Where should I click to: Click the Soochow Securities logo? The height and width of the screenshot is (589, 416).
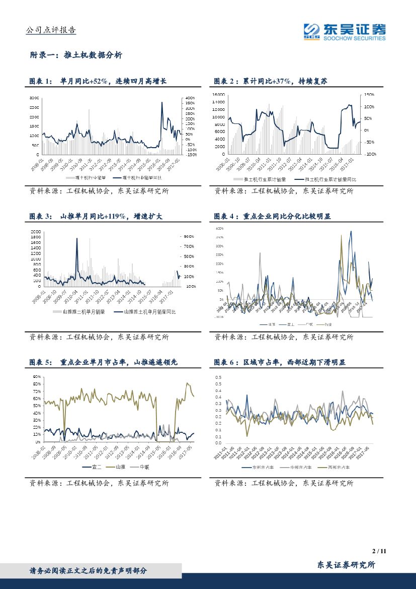pos(345,31)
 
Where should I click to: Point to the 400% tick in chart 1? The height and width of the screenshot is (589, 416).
pos(190,98)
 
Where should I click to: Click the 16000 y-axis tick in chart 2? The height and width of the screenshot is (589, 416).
pos(218,95)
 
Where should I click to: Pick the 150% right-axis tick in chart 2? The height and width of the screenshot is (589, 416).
pos(369,95)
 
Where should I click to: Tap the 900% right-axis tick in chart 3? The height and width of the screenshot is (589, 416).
pos(189,236)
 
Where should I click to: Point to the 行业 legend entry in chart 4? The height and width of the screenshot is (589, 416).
pos(326,324)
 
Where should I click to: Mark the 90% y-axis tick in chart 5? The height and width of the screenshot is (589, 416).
pos(37,377)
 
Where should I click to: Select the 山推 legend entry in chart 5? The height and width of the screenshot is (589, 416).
pos(117,467)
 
